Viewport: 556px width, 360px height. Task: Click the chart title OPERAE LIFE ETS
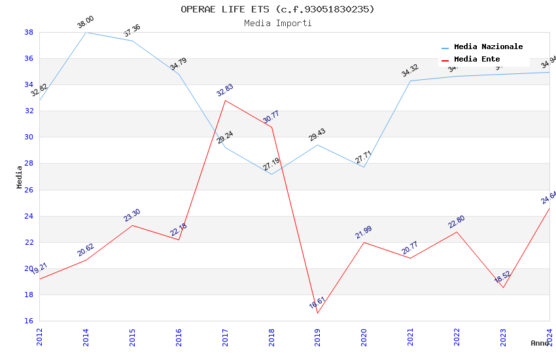277,9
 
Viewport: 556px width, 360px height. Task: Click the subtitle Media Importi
277,24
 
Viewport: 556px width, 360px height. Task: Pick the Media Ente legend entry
477,60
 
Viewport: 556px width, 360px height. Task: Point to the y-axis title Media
20,177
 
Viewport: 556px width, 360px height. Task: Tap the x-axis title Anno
540,343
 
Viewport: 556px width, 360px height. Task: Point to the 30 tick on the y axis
29,137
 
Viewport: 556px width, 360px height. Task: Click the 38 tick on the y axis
29,32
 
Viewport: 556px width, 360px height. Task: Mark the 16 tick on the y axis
29,321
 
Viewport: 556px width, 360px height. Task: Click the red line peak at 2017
225,100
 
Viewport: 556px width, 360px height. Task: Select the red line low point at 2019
318,313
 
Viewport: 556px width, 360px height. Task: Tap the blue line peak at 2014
86,32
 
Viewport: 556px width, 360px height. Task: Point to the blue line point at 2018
271,174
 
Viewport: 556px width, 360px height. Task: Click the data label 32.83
225,90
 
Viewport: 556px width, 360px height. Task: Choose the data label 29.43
317,135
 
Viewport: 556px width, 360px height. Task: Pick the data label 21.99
364,232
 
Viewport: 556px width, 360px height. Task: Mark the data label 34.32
410,71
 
